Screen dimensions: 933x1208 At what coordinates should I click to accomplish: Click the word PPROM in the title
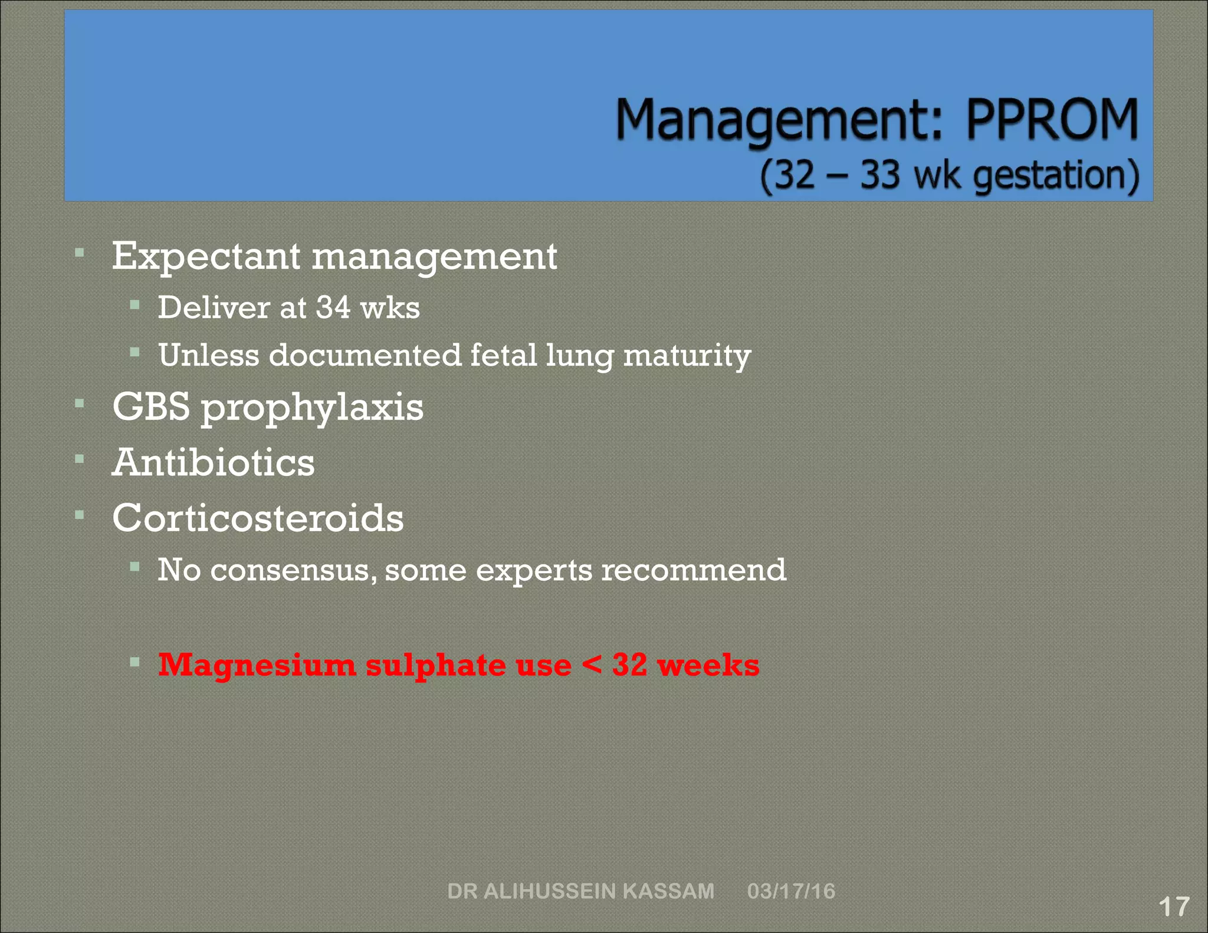[1052, 120]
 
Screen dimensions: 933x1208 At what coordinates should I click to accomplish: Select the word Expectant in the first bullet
[206, 257]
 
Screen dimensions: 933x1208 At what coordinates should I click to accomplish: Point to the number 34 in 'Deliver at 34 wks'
[333, 307]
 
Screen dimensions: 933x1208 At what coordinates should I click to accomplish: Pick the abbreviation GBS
[151, 406]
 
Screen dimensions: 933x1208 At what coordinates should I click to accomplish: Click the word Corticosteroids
[258, 518]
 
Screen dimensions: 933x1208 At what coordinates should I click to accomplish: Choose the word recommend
[694, 570]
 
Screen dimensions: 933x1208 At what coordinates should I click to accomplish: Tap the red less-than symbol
[591, 665]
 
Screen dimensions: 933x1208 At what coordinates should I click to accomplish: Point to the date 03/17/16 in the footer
[791, 891]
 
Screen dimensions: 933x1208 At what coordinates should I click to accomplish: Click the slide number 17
[1174, 906]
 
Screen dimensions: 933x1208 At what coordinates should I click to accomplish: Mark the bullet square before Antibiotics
[80, 458]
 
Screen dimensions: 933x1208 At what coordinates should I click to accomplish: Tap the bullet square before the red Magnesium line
[134, 662]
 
